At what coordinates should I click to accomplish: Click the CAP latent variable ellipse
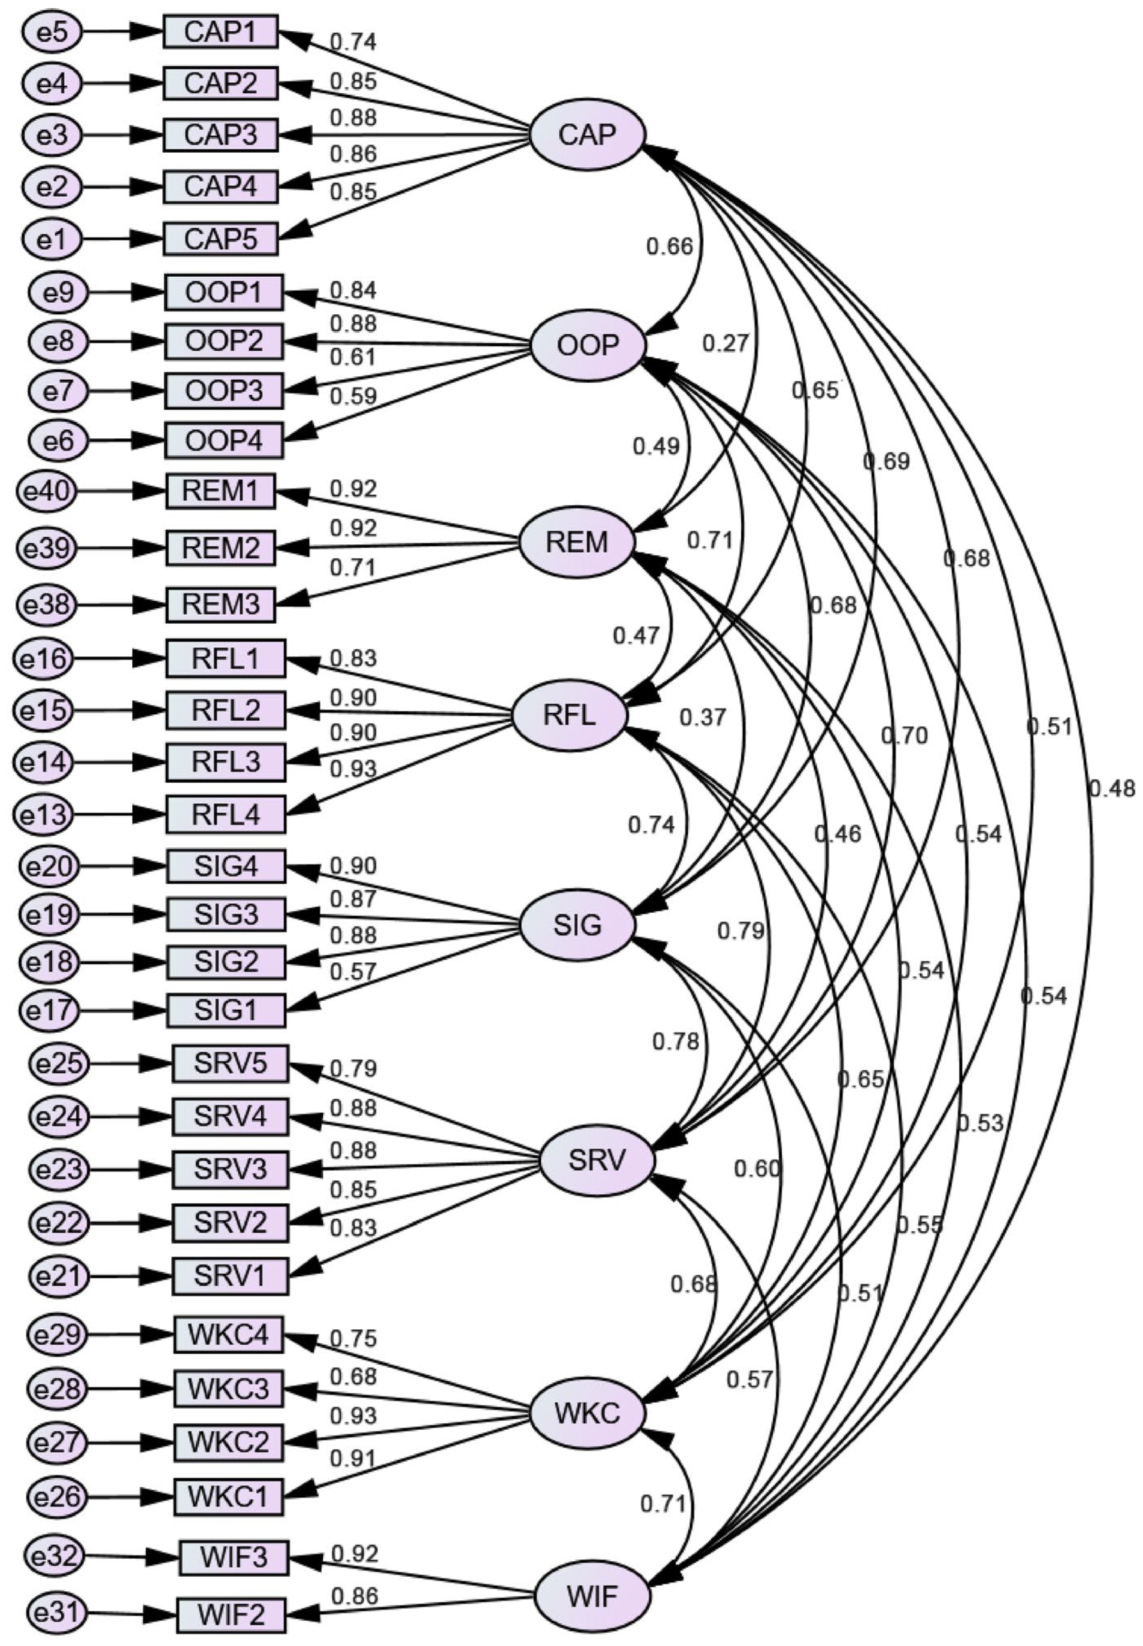coord(587,135)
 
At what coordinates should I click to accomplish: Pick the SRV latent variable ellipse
coord(596,1161)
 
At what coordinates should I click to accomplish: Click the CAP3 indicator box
coord(220,135)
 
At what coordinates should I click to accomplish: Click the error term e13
coord(43,814)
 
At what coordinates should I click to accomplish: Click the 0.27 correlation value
coord(725,344)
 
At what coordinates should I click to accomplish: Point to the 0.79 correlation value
coord(741,931)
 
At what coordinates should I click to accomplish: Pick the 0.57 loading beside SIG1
coord(353,972)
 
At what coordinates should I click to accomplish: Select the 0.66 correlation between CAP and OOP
coord(669,246)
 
